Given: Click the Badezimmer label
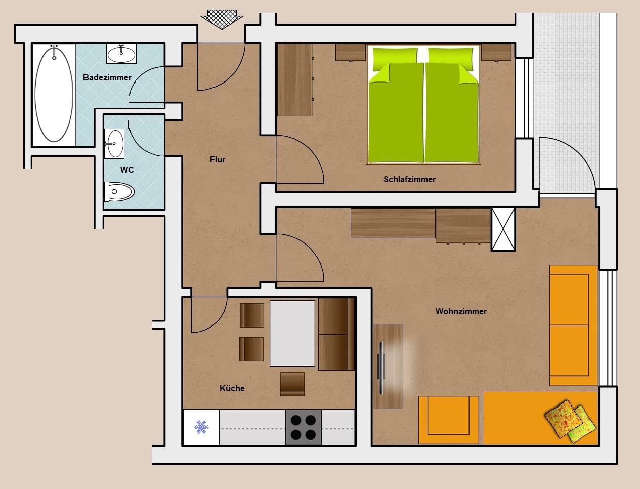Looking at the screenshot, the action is (107, 77).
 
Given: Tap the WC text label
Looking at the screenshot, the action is (127, 170).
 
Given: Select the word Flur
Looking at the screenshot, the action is (218, 159).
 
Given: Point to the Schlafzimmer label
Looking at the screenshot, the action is (409, 179).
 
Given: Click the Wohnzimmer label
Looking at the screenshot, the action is (461, 311).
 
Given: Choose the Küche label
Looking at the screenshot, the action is (232, 388).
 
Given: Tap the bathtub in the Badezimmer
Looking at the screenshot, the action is (54, 94).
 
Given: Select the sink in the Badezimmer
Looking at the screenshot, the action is (121, 54).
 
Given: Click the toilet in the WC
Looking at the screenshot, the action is (119, 191).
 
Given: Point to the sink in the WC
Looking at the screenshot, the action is (114, 144).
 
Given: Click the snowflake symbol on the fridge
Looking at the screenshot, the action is (201, 427).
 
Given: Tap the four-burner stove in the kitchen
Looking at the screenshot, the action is (303, 427).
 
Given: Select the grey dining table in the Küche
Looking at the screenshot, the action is (292, 333).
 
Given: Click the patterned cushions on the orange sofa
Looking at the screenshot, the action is (570, 422).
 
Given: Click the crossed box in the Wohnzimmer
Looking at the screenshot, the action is (503, 229).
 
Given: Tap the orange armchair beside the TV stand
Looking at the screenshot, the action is (448, 420).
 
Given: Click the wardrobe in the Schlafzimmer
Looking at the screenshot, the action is (294, 80).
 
